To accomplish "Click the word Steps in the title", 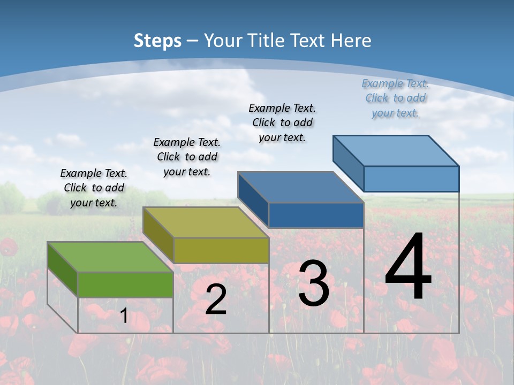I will pyautogui.click(x=157, y=41).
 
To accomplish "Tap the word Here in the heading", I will pyautogui.click(x=351, y=41).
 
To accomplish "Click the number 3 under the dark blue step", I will pyautogui.click(x=314, y=283).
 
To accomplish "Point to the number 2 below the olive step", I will pyautogui.click(x=216, y=299).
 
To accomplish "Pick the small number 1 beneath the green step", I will pyautogui.click(x=124, y=315).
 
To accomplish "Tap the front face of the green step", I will pyautogui.click(x=125, y=284).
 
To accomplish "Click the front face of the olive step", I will pyautogui.click(x=221, y=250).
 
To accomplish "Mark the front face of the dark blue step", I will pyautogui.click(x=316, y=215).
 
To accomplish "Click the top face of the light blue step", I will pyautogui.click(x=396, y=150).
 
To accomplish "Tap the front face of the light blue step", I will pyautogui.click(x=411, y=179).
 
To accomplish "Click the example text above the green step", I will pyautogui.click(x=94, y=188).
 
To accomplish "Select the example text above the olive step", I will pyautogui.click(x=187, y=157).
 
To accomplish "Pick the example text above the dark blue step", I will pyautogui.click(x=282, y=122).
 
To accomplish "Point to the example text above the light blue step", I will pyautogui.click(x=395, y=98).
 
